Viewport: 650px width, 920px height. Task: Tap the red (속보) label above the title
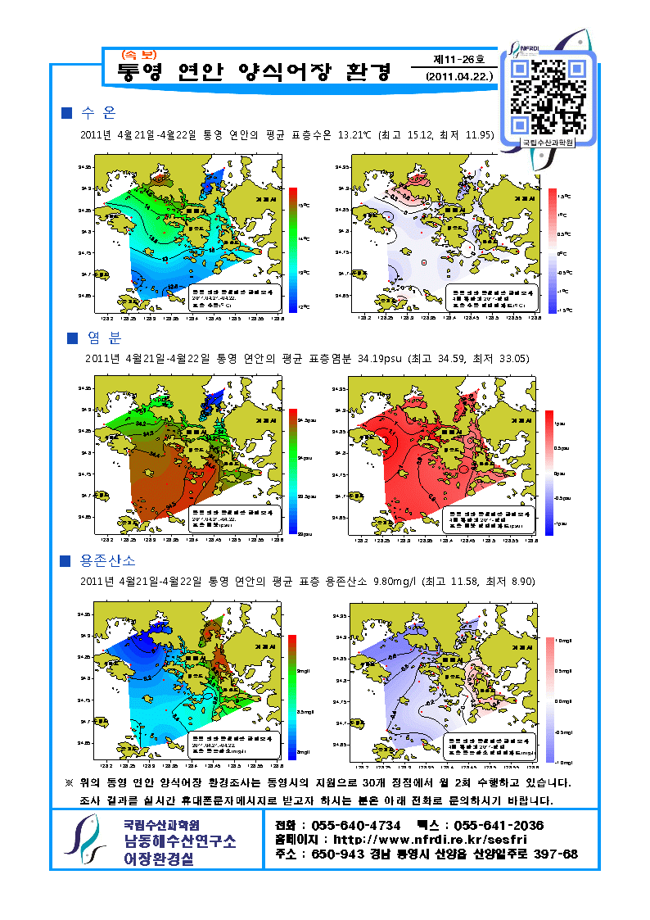click(x=138, y=55)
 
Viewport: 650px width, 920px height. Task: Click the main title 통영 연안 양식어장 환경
click(x=255, y=73)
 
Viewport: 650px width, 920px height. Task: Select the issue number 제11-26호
click(x=458, y=60)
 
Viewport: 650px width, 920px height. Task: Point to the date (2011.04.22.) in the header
click(x=459, y=76)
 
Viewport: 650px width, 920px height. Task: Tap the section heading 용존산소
click(x=108, y=561)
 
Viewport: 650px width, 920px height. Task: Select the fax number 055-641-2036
click(x=499, y=825)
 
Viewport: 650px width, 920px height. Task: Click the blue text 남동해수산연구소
click(x=179, y=841)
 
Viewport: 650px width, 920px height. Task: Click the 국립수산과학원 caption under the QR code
click(x=548, y=143)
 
